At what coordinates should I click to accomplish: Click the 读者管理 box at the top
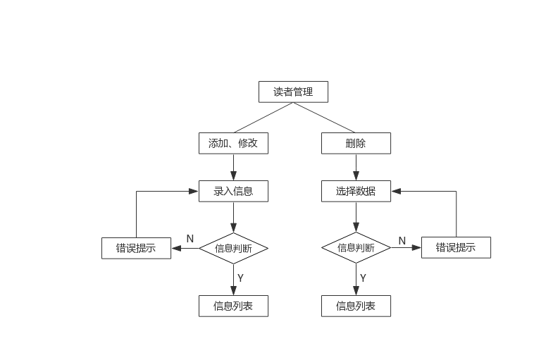(293, 92)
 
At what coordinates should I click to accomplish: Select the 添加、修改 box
(233, 144)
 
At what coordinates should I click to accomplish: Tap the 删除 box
(356, 144)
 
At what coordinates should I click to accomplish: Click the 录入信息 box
(233, 191)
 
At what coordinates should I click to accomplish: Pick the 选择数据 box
(356, 191)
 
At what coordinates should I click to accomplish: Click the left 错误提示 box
(136, 248)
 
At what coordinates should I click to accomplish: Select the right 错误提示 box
(456, 247)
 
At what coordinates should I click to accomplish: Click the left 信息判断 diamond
(233, 248)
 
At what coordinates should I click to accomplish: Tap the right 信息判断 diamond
(356, 247)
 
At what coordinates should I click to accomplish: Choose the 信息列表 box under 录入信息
(233, 306)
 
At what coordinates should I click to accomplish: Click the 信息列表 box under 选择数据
(356, 306)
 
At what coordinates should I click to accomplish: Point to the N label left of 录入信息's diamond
(190, 238)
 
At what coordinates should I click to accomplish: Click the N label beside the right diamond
(402, 240)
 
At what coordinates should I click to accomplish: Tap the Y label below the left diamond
(240, 278)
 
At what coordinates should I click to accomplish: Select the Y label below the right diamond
(363, 278)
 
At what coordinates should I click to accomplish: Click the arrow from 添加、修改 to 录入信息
(233, 168)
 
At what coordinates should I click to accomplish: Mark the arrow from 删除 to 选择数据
(356, 168)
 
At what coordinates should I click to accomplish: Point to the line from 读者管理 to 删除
(325, 118)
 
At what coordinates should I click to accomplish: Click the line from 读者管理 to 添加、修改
(262, 118)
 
